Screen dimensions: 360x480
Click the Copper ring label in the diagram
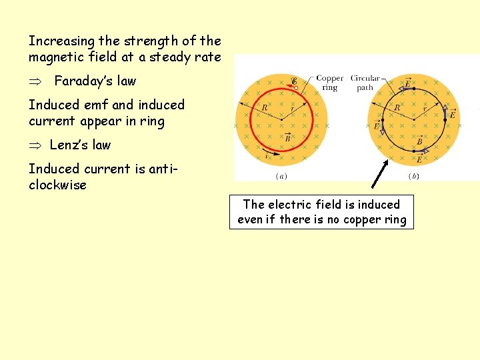329,83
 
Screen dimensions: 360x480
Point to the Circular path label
365,83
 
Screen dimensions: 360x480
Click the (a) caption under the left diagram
281,177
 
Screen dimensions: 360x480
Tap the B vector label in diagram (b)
419,141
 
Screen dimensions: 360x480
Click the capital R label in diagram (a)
265,107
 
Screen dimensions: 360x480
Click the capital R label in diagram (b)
397,107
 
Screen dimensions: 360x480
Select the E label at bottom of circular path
419,159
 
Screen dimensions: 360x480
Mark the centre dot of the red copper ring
281,119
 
